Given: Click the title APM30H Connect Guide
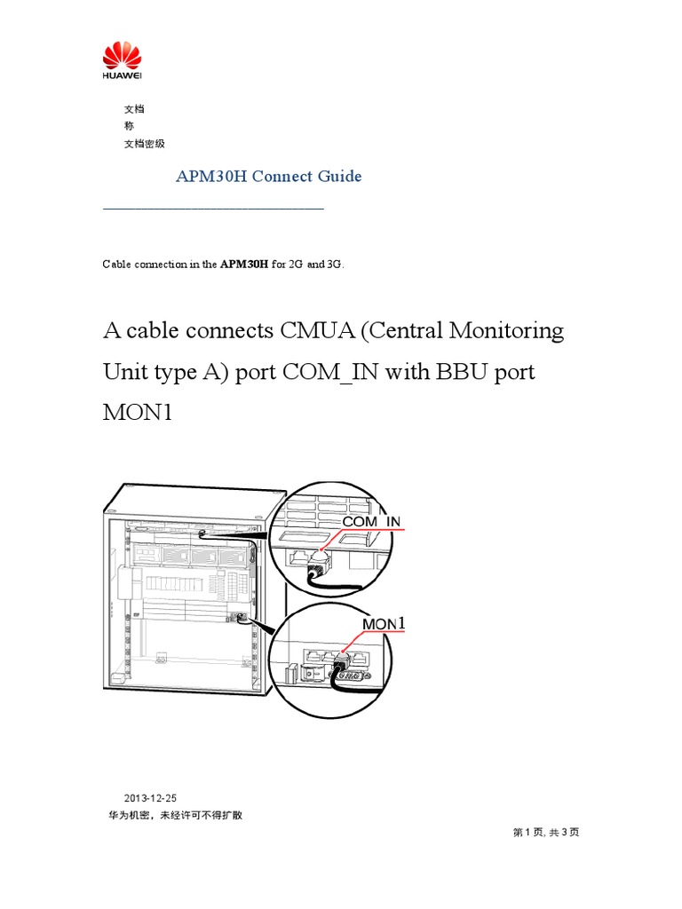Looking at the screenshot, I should [x=268, y=176].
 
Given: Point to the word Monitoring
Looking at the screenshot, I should [x=506, y=331].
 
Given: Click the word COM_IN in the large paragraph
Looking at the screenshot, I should [x=333, y=372].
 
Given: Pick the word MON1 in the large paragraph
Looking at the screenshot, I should [x=136, y=413].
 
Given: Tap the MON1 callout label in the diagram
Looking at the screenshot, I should [x=385, y=625].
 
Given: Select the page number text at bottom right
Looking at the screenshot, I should [x=546, y=832].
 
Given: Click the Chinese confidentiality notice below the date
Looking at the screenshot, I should [x=175, y=814].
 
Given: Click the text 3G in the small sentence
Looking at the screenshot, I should [x=334, y=265].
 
